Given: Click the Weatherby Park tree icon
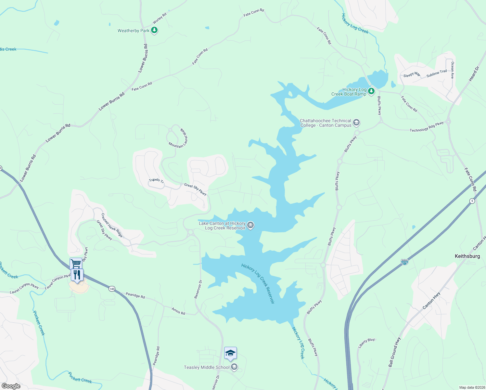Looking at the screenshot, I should tap(154, 31).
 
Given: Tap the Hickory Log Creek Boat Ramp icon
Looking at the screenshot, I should tap(371, 91).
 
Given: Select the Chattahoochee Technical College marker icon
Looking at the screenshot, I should tap(356, 123).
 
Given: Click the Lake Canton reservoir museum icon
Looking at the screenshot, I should tap(250, 225).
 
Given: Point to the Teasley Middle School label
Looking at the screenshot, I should tap(207, 367).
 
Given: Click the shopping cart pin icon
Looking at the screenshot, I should tap(76, 263).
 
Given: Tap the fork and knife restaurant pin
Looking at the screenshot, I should tap(77, 275).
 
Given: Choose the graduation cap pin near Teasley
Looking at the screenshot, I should tap(230, 353).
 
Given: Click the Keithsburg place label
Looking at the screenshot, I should tap(467, 256).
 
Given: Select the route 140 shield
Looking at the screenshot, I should tap(112, 289).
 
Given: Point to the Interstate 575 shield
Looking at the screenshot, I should tap(404, 262).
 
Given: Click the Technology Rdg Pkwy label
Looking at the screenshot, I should tap(427, 127).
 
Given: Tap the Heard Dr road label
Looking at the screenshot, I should tap(474, 74).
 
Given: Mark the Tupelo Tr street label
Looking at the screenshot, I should tap(156, 180).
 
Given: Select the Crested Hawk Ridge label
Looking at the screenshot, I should tap(112, 225).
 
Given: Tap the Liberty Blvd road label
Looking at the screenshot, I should tap(366, 343).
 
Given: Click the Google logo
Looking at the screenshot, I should tap(11, 386).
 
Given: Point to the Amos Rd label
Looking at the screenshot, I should tap(178, 311).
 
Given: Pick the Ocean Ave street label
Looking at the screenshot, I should tap(452, 71).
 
